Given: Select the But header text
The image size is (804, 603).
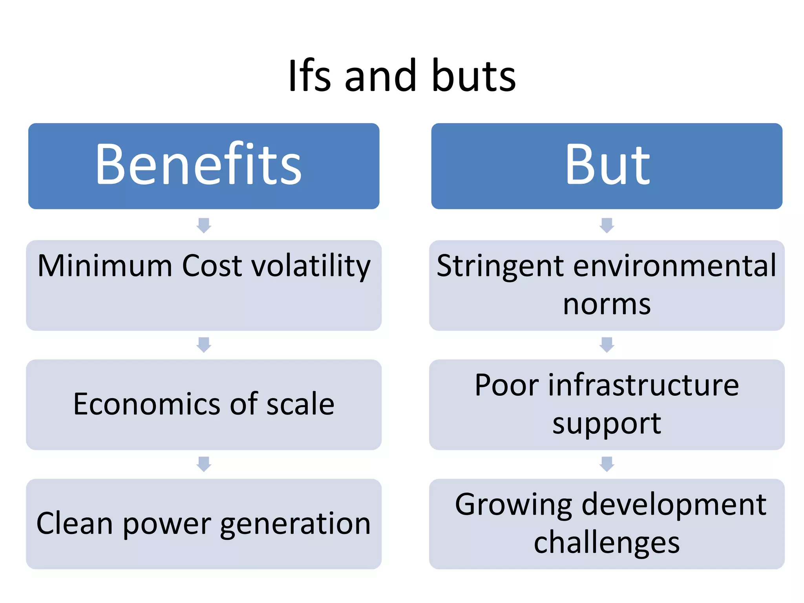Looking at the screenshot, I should point(607,165).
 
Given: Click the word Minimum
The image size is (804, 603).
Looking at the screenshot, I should point(105,266).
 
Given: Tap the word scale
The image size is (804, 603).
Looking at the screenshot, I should point(300,404).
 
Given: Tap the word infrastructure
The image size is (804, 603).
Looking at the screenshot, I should point(644,385).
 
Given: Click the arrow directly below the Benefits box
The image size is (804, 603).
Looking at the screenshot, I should point(204,225).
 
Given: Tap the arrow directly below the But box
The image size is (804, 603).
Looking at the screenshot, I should point(607,225).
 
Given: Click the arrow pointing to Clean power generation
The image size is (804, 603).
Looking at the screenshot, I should point(204,464).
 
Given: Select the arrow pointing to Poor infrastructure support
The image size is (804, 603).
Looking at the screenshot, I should point(607,345).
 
